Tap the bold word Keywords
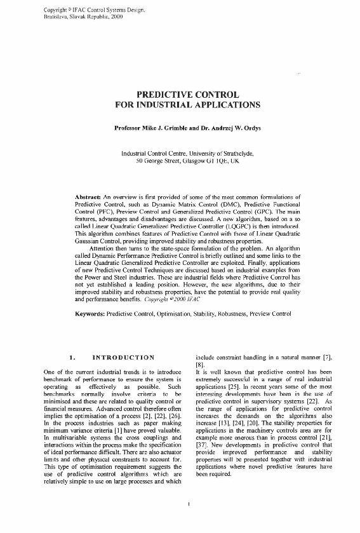coord(90,314)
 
